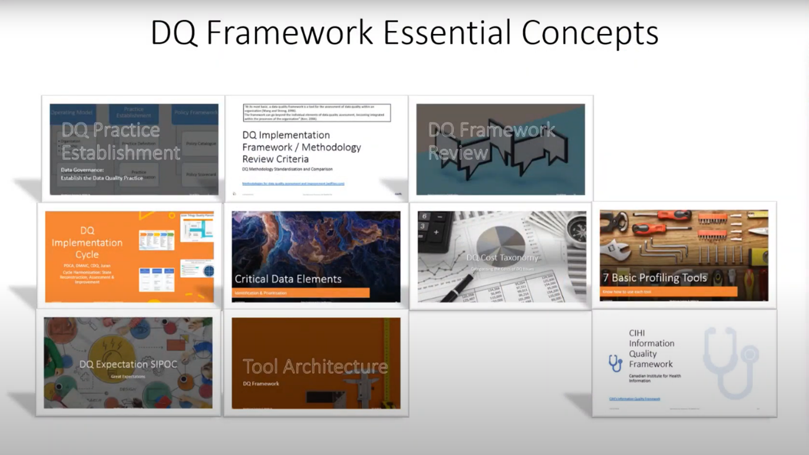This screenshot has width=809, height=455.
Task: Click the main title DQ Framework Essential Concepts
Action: coord(404,32)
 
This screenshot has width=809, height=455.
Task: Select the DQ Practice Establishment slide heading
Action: coord(120,141)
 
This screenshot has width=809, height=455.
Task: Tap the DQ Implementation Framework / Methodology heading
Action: coord(302,147)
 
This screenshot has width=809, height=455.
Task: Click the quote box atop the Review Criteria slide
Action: coord(317,113)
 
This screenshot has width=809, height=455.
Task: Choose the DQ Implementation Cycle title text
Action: coord(87,242)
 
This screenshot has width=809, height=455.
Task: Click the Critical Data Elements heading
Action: coord(287,279)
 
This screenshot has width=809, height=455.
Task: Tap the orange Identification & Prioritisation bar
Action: coord(300,292)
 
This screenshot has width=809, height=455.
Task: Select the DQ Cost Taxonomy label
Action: coord(502,257)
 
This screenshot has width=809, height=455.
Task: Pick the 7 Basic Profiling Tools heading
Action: coord(655,278)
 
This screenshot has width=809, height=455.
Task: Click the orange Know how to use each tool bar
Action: coord(668,291)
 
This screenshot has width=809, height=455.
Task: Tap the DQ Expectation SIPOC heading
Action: coord(128,365)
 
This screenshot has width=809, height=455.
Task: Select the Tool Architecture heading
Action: coord(315,366)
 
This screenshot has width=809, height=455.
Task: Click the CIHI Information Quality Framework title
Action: coord(651,349)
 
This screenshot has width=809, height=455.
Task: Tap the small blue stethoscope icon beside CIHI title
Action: coord(615,363)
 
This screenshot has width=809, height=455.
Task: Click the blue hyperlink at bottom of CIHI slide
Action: coord(634,399)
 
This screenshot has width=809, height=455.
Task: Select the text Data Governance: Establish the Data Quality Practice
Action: coord(101,174)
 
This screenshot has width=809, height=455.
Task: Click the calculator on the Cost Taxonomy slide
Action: coord(433,229)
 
